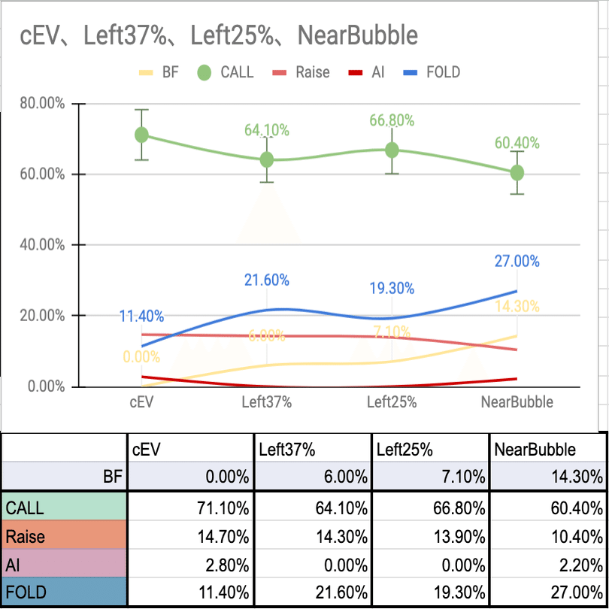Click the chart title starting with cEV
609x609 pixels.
(218, 35)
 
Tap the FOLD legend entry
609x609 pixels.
(443, 72)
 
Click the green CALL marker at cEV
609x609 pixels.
(141, 135)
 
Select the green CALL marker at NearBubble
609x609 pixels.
(517, 173)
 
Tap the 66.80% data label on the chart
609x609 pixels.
(392, 121)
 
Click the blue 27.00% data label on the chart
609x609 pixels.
(517, 261)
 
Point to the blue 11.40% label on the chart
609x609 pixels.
(141, 317)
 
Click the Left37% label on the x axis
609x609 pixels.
(266, 402)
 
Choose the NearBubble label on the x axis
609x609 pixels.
(517, 402)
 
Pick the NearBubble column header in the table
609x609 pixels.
(535, 450)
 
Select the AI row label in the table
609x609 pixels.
(14, 565)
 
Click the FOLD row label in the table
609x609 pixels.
(26, 592)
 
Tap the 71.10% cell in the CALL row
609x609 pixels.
(223, 508)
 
